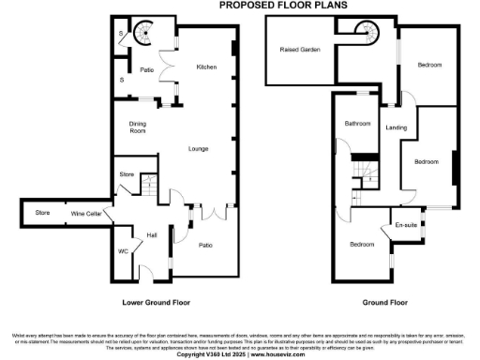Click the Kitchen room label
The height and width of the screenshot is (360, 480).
click(x=206, y=67)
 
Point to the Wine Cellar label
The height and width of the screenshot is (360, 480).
click(x=86, y=214)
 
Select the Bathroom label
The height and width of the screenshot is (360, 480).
click(x=357, y=124)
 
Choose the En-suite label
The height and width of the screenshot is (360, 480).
click(x=406, y=225)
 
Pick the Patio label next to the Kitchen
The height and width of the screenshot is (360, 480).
click(x=147, y=69)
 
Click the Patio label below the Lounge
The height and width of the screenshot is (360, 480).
click(x=206, y=246)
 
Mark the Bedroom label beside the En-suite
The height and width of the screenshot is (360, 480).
click(x=363, y=245)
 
